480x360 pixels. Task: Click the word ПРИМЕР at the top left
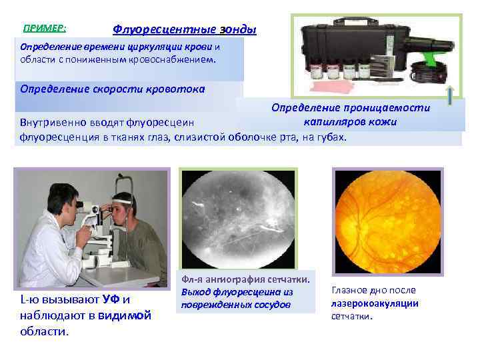43,29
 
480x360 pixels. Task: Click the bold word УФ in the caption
103,301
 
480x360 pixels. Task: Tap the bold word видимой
125,315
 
